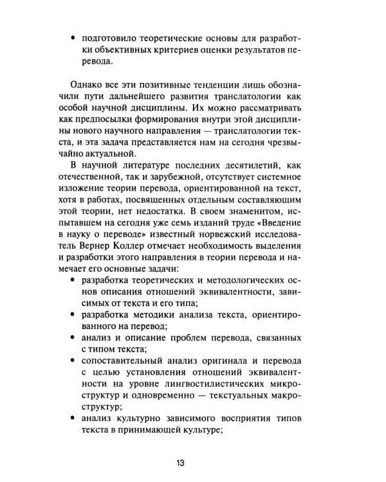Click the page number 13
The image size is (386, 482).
(x=180, y=461)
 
